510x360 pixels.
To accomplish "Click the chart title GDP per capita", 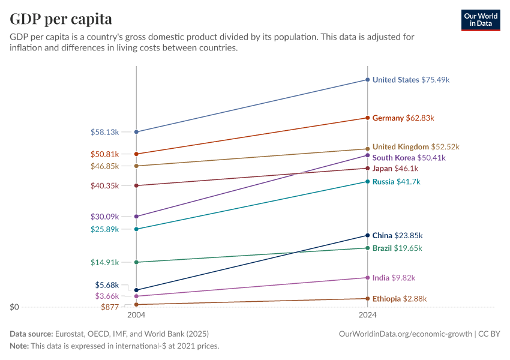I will (x=61, y=19).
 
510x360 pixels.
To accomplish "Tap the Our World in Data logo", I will (x=481, y=20).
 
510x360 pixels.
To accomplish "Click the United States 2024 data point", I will (x=367, y=79).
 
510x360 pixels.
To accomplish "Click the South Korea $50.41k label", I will (x=409, y=158).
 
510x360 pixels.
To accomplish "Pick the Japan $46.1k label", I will (x=395, y=169).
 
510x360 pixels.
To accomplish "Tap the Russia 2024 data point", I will (x=367, y=181).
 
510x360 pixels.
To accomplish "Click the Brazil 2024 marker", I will (x=367, y=248).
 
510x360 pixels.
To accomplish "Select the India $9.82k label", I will (x=394, y=278).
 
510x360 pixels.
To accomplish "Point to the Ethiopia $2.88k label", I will (x=400, y=299).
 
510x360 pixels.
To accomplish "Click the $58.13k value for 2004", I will (x=104, y=132).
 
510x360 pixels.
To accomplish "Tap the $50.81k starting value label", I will (x=104, y=154).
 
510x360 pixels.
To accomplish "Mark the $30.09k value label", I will (x=104, y=217).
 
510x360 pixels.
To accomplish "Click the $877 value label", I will (x=110, y=307).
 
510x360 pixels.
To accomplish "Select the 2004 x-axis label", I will (x=136, y=315).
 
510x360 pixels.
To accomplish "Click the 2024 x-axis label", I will (x=367, y=315).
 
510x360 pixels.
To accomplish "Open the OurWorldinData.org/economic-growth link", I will (x=406, y=334).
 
